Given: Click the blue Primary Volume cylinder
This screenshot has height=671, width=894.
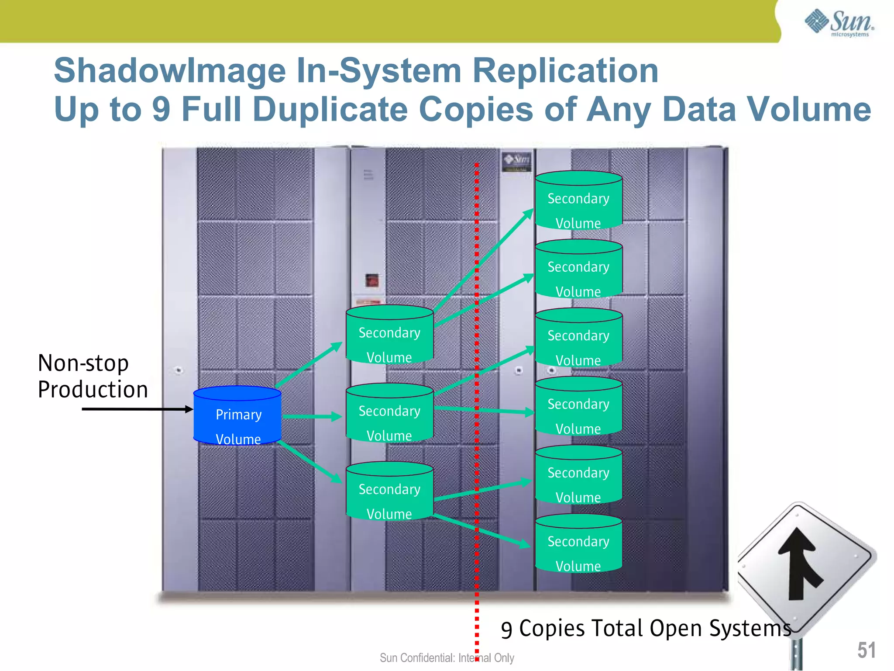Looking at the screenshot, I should pyautogui.click(x=237, y=416).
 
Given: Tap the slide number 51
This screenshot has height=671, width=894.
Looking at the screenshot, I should pyautogui.click(x=866, y=650).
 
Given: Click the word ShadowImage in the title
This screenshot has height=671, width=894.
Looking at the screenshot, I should pyautogui.click(x=169, y=71).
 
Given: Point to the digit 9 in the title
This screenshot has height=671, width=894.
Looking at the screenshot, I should pyautogui.click(x=161, y=109).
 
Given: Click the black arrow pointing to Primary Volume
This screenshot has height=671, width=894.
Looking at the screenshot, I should pyautogui.click(x=137, y=409).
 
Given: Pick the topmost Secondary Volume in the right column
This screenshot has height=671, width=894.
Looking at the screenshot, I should pyautogui.click(x=578, y=201).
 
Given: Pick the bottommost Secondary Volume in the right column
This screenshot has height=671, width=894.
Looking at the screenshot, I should pyautogui.click(x=578, y=544).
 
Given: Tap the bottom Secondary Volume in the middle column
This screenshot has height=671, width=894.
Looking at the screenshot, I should pyautogui.click(x=389, y=492).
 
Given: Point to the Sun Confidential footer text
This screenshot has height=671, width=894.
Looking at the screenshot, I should pyautogui.click(x=447, y=657).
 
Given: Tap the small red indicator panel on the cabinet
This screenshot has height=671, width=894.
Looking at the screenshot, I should pyautogui.click(x=372, y=280).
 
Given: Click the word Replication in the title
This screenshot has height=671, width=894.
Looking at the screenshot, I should pyautogui.click(x=565, y=71).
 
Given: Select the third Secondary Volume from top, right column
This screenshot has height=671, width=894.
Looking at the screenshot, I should pyautogui.click(x=578, y=338).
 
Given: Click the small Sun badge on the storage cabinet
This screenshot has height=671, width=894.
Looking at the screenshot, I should pyautogui.click(x=517, y=160).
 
